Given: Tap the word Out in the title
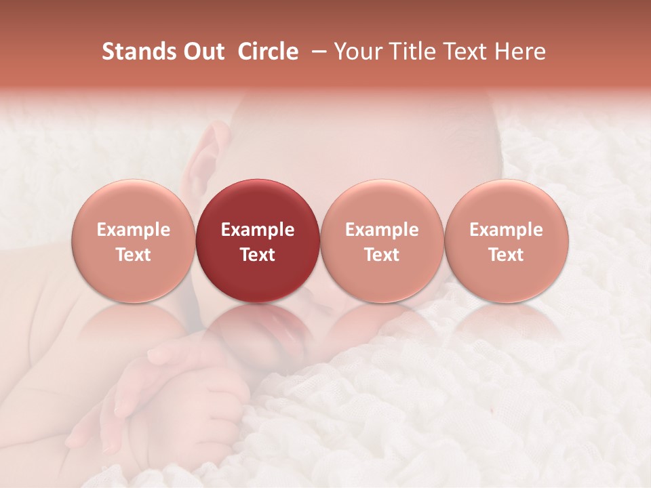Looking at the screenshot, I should pyautogui.click(x=202, y=52).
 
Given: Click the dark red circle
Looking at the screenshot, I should pyautogui.click(x=258, y=241).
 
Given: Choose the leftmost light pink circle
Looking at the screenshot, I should pyautogui.click(x=133, y=241).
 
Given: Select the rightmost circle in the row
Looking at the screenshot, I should pyautogui.click(x=507, y=241).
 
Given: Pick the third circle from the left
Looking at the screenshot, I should pyautogui.click(x=382, y=241).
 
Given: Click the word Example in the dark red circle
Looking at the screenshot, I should pyautogui.click(x=258, y=230).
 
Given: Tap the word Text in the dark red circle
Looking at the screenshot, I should pyautogui.click(x=258, y=255).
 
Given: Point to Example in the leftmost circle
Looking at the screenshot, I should pyautogui.click(x=133, y=230).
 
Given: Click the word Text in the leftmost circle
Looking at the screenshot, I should pyautogui.click(x=133, y=255).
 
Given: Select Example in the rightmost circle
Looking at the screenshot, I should pyautogui.click(x=507, y=230).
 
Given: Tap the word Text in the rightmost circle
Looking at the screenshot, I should pyautogui.click(x=507, y=255).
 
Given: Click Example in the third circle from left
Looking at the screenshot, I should pyautogui.click(x=382, y=230).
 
